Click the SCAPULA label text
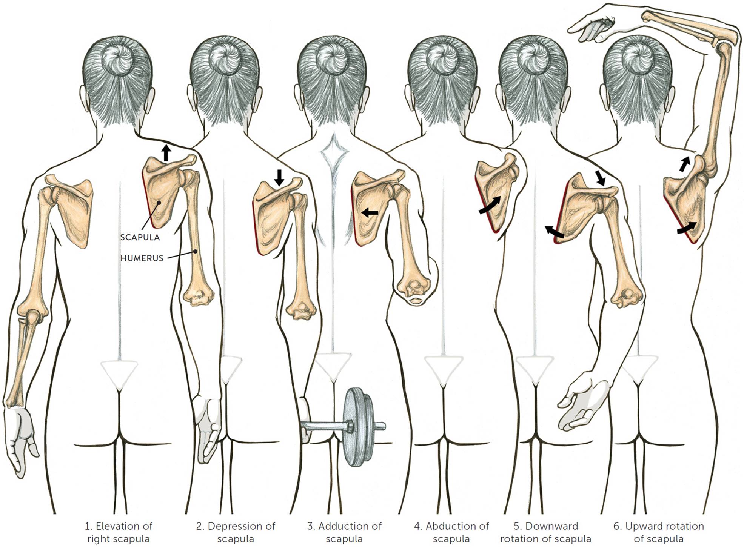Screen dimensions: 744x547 click(140, 237)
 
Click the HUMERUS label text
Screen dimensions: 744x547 click(142, 258)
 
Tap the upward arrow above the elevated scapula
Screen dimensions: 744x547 click(166, 152)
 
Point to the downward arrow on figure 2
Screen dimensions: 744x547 click(279, 177)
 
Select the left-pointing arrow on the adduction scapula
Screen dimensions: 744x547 click(370, 213)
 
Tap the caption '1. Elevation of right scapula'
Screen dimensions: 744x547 click(119, 532)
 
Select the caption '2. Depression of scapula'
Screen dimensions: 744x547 click(236, 532)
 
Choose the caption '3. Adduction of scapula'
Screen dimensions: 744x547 click(344, 532)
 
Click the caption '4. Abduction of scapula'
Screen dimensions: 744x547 click(451, 532)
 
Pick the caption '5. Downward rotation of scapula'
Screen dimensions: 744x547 click(546, 532)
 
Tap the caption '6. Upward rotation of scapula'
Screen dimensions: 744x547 click(659, 532)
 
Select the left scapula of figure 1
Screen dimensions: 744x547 click(74, 209)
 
